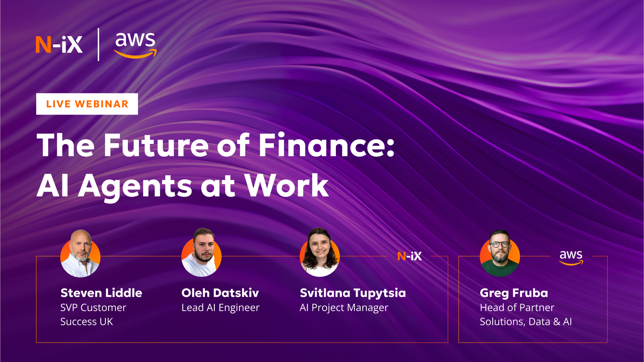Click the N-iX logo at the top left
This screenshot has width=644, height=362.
pos(59,45)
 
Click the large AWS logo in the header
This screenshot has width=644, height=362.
pos(135,45)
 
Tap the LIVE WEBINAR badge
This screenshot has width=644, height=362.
pos(87,104)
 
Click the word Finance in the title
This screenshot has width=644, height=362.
pos(326,145)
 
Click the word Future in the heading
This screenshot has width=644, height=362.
pos(157,145)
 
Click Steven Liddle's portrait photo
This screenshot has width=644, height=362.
pos(80,253)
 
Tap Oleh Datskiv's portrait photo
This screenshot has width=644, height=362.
pos(202,253)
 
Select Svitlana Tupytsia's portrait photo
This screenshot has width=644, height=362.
pos(320,253)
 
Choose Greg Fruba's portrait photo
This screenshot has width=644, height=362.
pos(500,253)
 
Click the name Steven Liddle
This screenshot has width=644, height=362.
pos(101,293)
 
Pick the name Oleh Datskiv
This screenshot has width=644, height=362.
pos(220,293)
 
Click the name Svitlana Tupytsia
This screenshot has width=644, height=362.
pos(353,293)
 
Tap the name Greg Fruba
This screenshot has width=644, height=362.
pos(514,293)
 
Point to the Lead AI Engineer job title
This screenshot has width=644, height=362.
pos(220,308)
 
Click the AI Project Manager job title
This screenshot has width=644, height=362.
pos(344,308)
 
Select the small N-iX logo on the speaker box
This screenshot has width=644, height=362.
pos(409,256)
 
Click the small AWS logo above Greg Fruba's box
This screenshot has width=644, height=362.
pos(571,257)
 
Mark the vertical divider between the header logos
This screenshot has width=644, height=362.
pos(99,45)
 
